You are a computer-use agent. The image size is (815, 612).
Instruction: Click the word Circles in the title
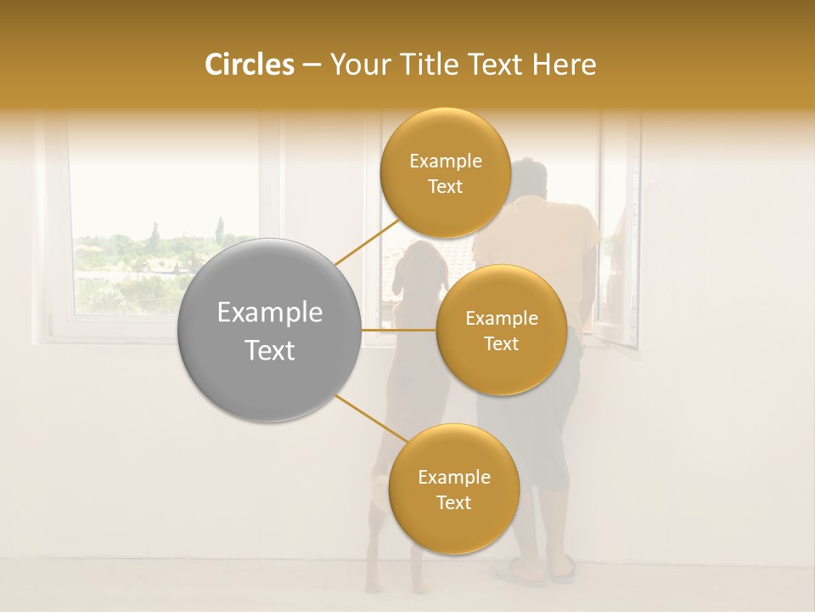(249, 65)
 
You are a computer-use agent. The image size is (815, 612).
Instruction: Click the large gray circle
(269, 329)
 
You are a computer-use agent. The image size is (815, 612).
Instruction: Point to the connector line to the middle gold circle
(398, 329)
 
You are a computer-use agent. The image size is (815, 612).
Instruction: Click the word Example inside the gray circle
(269, 313)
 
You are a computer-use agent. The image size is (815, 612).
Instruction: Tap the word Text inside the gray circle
(269, 350)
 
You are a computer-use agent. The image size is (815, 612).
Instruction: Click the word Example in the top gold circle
(446, 161)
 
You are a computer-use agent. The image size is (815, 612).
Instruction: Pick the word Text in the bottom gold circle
(453, 502)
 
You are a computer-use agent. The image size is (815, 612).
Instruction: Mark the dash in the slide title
(311, 65)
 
